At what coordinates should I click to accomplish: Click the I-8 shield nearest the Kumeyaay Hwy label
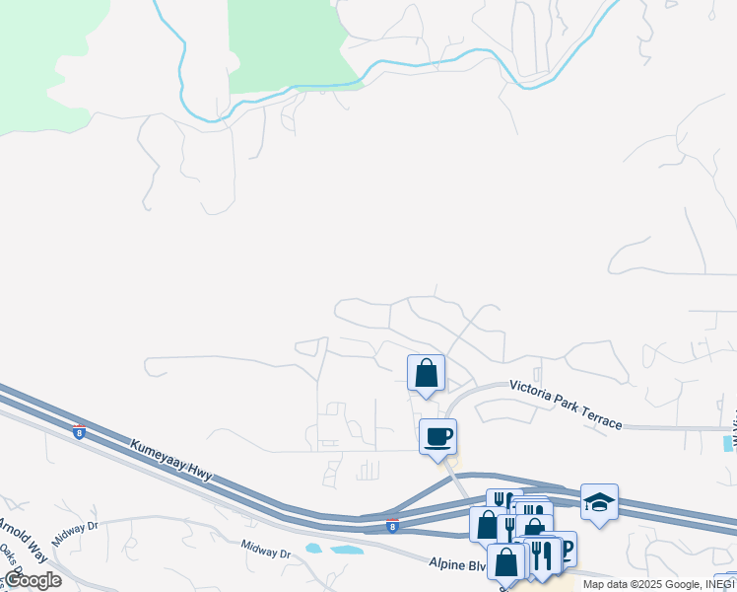tap(79, 432)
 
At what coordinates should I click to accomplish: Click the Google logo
tap(32, 580)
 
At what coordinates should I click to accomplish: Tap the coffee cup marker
tap(437, 436)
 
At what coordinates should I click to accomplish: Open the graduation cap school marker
tap(599, 501)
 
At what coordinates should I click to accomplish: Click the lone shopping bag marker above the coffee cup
tap(426, 373)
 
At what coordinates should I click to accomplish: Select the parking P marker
tap(566, 548)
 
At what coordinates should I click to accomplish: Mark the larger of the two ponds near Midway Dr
tap(348, 550)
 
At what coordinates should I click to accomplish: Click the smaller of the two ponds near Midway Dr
tap(313, 548)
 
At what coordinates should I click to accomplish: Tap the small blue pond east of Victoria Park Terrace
tap(729, 444)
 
